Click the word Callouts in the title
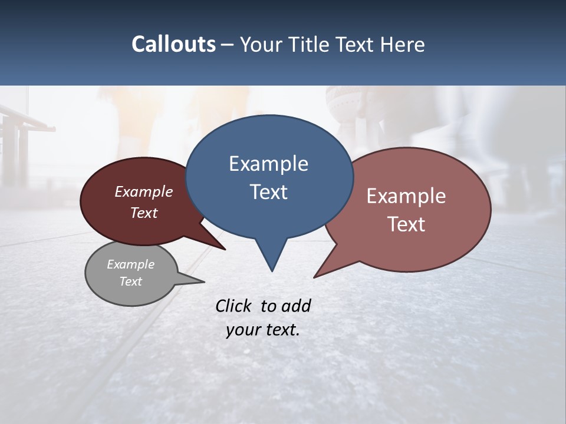(173, 44)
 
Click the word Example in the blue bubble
(268, 164)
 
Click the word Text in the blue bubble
(268, 192)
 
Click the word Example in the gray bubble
(130, 264)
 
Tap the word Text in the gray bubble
(130, 281)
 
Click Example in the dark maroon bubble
(143, 191)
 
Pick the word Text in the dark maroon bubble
(143, 213)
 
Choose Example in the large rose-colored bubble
(406, 196)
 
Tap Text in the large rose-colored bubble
(406, 224)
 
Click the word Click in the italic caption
(233, 306)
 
